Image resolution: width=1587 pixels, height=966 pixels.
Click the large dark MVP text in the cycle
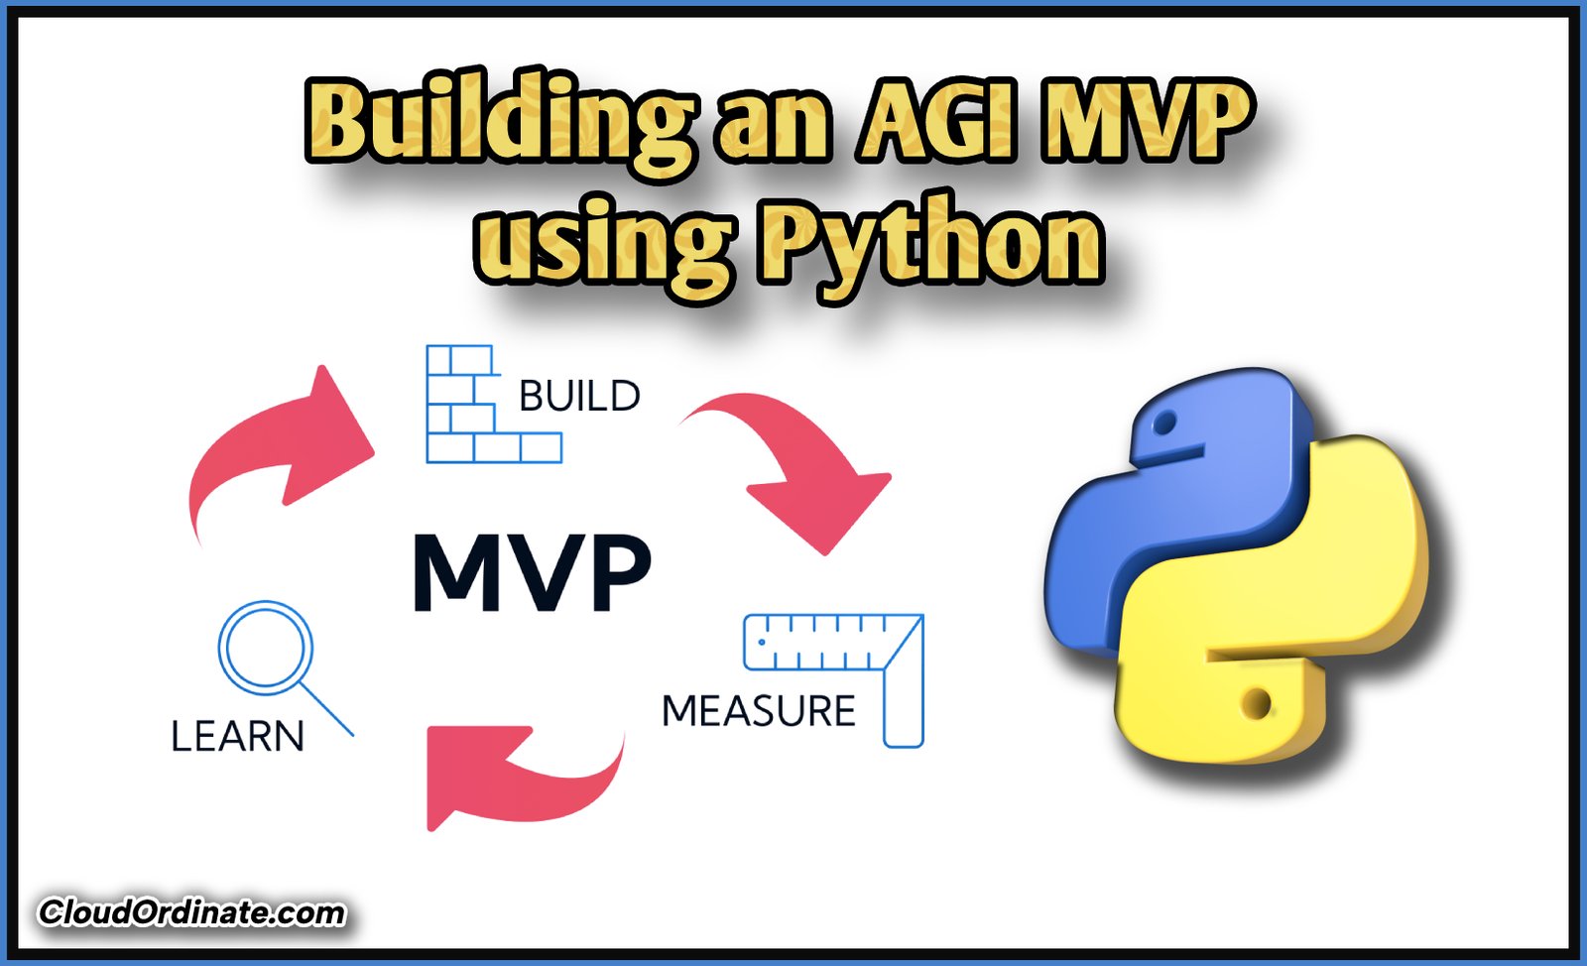point(532,573)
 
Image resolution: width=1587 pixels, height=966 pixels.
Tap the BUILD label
point(579,397)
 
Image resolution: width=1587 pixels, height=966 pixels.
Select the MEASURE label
point(758,711)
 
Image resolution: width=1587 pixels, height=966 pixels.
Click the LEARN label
point(237,737)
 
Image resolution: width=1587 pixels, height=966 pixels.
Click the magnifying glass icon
point(273,655)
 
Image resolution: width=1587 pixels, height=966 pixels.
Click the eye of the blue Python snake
point(1165,424)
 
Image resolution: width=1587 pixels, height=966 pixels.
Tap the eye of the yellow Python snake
point(1258,704)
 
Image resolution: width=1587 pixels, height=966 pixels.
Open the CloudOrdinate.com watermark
point(191,912)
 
